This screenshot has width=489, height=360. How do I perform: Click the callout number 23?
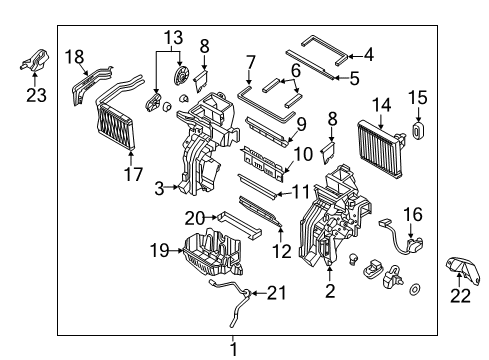pyautogui.click(x=36, y=96)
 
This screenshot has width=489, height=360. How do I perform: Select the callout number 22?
pyautogui.click(x=460, y=296)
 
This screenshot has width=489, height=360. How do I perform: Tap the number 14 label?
pyautogui.click(x=381, y=105)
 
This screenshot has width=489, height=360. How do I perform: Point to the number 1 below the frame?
pyautogui.click(x=234, y=350)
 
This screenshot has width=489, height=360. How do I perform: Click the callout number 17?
pyautogui.click(x=133, y=174)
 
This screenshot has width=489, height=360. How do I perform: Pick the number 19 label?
pyautogui.click(x=159, y=250)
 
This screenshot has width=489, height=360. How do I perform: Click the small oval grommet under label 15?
pyautogui.click(x=418, y=131)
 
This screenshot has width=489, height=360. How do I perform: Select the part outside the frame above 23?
pyautogui.click(x=34, y=60)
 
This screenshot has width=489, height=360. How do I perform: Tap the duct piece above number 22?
pyautogui.click(x=463, y=270)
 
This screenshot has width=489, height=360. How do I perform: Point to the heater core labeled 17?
pyautogui.click(x=116, y=126)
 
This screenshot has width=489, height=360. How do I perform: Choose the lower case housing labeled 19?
pyautogui.click(x=213, y=253)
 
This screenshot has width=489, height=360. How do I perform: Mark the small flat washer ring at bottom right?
pyautogui.click(x=415, y=289)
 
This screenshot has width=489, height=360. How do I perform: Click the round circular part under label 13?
pyautogui.click(x=181, y=76)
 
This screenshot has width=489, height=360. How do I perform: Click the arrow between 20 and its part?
pyautogui.click(x=211, y=218)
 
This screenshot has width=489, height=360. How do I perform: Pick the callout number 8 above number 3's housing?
pyautogui.click(x=204, y=46)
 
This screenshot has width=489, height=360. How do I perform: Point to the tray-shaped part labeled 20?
pyautogui.click(x=239, y=225)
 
